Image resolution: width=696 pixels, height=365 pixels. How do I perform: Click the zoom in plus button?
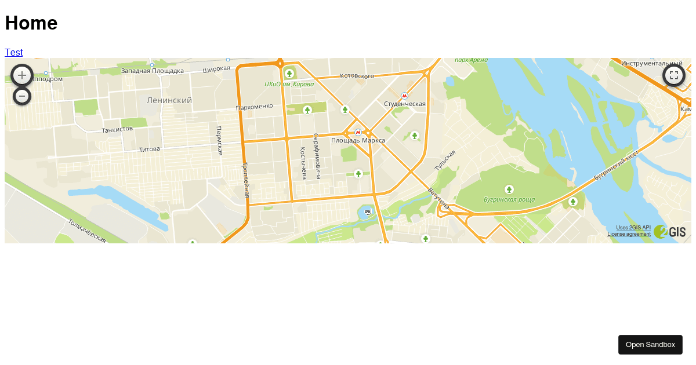pyautogui.click(x=22, y=75)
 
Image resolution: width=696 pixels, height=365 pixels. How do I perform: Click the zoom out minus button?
pyautogui.click(x=22, y=96)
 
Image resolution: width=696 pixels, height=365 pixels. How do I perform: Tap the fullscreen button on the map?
pyautogui.click(x=674, y=75)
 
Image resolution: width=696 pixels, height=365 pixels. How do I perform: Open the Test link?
pyautogui.click(x=13, y=52)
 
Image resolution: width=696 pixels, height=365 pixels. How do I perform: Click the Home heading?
pyautogui.click(x=31, y=23)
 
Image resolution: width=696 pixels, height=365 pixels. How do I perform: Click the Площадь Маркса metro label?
pyautogui.click(x=358, y=140)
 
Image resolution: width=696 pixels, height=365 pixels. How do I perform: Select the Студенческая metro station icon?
pyautogui.click(x=404, y=96)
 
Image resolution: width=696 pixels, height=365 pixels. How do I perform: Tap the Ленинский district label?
pyautogui.click(x=169, y=100)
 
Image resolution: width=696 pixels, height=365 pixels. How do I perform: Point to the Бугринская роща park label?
pyautogui.click(x=509, y=200)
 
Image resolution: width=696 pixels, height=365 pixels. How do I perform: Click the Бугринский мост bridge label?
pyautogui.click(x=616, y=165)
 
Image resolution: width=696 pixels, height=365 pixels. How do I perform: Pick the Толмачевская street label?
pyautogui.click(x=87, y=231)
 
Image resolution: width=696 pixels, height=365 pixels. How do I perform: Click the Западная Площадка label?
pyautogui.click(x=152, y=71)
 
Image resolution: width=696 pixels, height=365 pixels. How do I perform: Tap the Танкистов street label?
pyautogui.click(x=117, y=129)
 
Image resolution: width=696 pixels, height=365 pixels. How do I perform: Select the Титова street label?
pyautogui.click(x=149, y=149)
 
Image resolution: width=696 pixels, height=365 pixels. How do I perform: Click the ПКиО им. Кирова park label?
pyautogui.click(x=289, y=84)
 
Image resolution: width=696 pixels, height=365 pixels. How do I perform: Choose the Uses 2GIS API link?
pyautogui.click(x=633, y=228)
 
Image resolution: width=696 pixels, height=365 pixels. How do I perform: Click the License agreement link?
pyautogui.click(x=629, y=234)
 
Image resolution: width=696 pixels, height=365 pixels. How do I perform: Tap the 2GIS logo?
pyautogui.click(x=670, y=232)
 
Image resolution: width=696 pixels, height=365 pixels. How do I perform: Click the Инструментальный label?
pyautogui.click(x=651, y=63)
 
